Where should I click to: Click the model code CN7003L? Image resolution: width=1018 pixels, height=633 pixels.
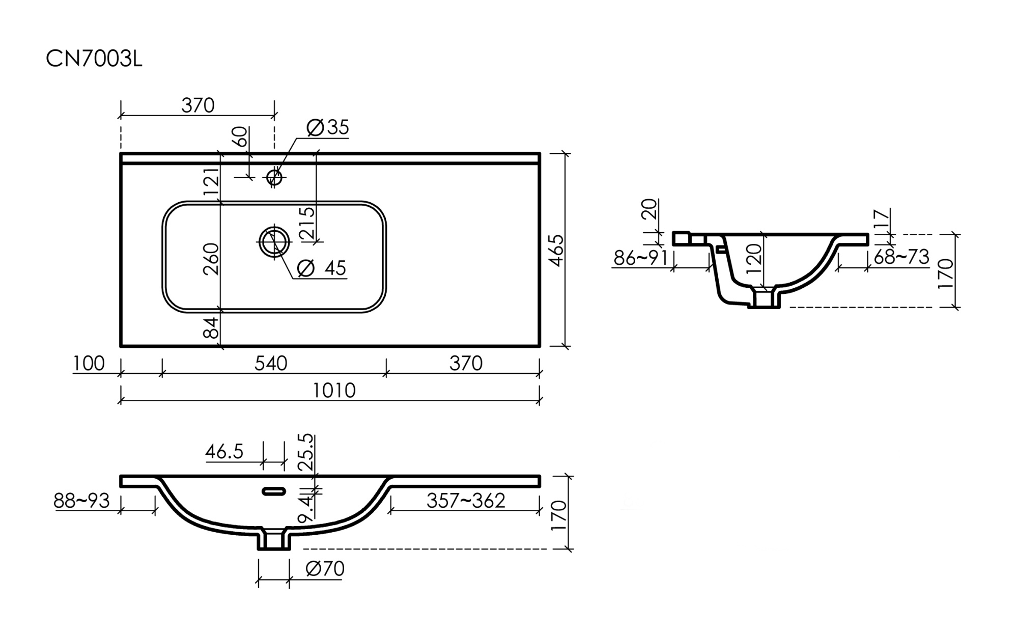[94, 60]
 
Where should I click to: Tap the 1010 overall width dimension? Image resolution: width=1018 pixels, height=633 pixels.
[334, 391]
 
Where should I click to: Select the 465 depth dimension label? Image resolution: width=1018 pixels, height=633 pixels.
[557, 250]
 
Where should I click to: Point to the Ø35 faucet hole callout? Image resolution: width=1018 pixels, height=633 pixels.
[328, 127]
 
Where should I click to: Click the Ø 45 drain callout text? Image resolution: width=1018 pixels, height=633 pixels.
[321, 268]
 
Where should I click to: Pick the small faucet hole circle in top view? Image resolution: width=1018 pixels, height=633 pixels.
[274, 177]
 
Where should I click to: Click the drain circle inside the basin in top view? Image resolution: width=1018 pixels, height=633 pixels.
[274, 242]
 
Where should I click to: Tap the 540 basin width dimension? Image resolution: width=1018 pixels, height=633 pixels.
[271, 364]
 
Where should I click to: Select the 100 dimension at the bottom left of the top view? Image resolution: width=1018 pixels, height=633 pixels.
[89, 364]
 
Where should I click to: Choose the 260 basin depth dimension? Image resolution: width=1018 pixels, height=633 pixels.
[211, 259]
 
